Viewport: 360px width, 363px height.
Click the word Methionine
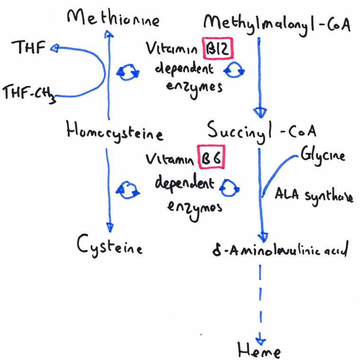(x=113, y=17)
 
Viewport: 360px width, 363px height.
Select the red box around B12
(x=218, y=48)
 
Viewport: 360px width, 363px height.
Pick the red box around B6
(x=211, y=157)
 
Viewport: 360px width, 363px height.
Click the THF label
(x=28, y=47)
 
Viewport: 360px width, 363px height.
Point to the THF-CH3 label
(x=29, y=94)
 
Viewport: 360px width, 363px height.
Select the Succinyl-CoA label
(x=262, y=131)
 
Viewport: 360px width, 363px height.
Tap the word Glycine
(x=323, y=156)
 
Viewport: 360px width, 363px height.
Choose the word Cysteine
(x=110, y=246)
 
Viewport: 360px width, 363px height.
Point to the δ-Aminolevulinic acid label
(x=281, y=250)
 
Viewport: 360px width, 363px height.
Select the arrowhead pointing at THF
(x=54, y=48)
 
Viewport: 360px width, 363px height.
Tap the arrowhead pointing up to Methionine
(x=109, y=34)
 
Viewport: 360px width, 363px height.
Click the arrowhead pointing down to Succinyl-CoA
(x=260, y=113)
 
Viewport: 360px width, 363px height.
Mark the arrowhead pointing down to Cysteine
(x=110, y=227)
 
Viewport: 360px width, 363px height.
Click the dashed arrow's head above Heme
(x=261, y=341)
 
